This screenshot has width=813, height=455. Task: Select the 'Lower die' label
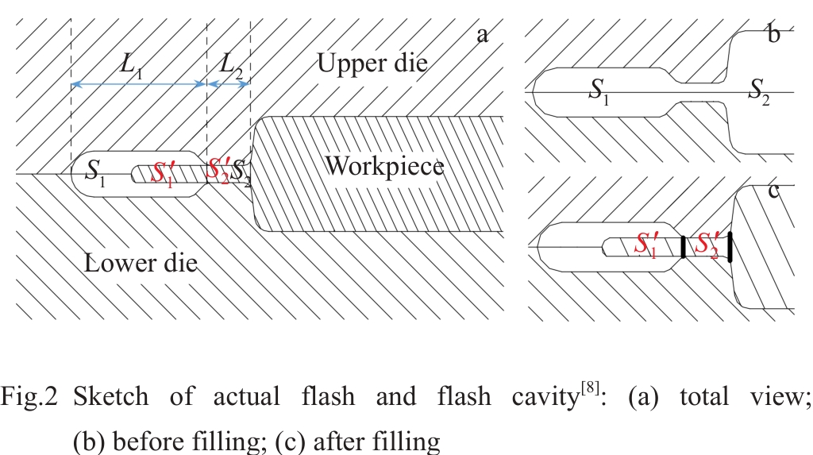tap(141, 263)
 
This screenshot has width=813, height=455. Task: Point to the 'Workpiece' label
tap(383, 167)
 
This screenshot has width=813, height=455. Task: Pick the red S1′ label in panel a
tap(163, 172)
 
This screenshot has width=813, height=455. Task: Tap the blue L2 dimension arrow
tap(229, 83)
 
